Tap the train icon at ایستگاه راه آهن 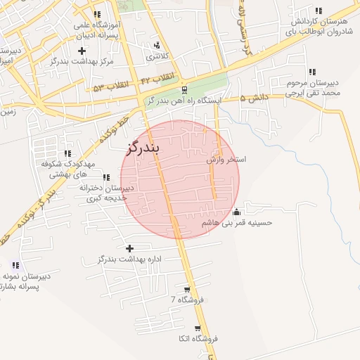click(x=184, y=90)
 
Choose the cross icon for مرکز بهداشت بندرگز click(x=82, y=51)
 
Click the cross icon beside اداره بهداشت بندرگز click(x=129, y=248)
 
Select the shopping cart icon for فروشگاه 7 click(x=186, y=290)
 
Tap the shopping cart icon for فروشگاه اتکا click(x=201, y=328)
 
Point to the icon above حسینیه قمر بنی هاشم click(x=237, y=212)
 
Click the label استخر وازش click(x=226, y=160)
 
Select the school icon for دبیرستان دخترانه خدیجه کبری click(x=106, y=177)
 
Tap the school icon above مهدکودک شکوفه click(x=67, y=153)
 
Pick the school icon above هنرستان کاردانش click(x=319, y=11)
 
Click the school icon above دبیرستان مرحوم click(x=312, y=72)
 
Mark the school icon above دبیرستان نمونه click(x=15, y=265)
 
